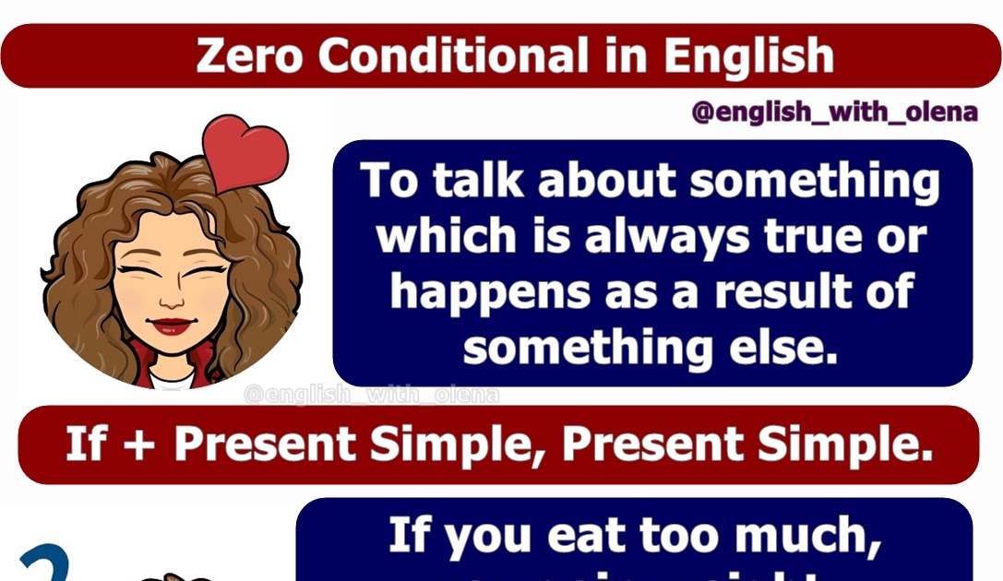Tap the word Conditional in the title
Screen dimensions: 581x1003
pos(453,56)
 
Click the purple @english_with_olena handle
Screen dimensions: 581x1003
pos(834,113)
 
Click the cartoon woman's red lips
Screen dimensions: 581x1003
pos(173,326)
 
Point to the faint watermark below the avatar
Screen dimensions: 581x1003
pos(371,396)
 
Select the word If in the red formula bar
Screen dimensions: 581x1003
pos(85,445)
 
